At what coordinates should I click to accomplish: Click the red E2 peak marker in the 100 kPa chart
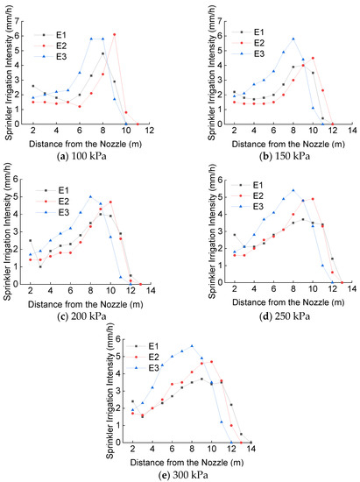[x=115, y=34]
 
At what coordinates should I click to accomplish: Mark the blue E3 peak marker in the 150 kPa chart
[x=293, y=39]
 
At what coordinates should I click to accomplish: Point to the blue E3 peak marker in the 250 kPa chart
[x=293, y=190]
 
